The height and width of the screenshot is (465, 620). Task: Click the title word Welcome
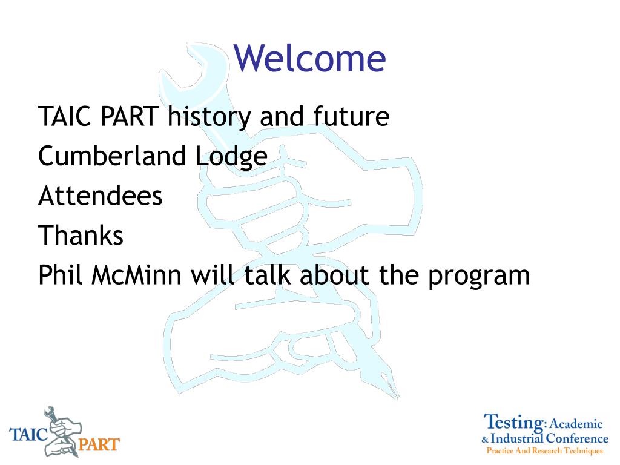(309, 58)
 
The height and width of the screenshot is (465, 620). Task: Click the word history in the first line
(209, 117)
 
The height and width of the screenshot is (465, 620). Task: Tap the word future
(351, 116)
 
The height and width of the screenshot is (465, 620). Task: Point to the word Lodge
(231, 157)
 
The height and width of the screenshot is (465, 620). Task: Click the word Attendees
(101, 196)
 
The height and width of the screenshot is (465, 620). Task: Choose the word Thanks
(81, 235)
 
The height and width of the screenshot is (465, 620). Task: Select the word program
(480, 277)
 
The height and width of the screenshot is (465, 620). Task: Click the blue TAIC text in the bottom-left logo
(28, 434)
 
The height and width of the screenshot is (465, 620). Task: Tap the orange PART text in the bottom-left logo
(99, 444)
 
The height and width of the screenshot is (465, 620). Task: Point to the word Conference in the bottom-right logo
(577, 438)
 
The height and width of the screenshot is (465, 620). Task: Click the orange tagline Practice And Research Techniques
(544, 450)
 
